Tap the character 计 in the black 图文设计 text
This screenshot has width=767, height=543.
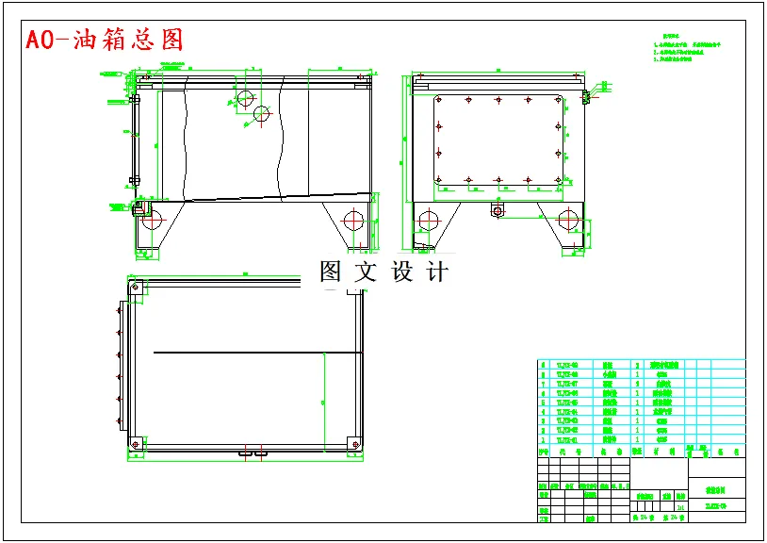coord(437,272)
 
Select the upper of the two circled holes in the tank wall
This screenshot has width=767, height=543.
coord(245,97)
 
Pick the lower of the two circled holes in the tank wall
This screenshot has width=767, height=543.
coord(262,114)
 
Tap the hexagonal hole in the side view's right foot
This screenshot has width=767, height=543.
coord(569,222)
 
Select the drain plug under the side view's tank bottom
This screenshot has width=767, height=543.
coord(497,210)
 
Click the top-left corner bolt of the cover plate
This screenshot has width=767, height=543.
coord(439,99)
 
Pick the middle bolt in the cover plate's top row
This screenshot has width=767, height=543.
coord(498,99)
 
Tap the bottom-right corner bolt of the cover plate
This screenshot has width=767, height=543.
coord(559,180)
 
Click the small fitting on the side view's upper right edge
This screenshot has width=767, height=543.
coord(587,95)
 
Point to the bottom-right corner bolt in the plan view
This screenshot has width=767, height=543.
coord(352,441)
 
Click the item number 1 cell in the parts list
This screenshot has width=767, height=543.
coord(542,440)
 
